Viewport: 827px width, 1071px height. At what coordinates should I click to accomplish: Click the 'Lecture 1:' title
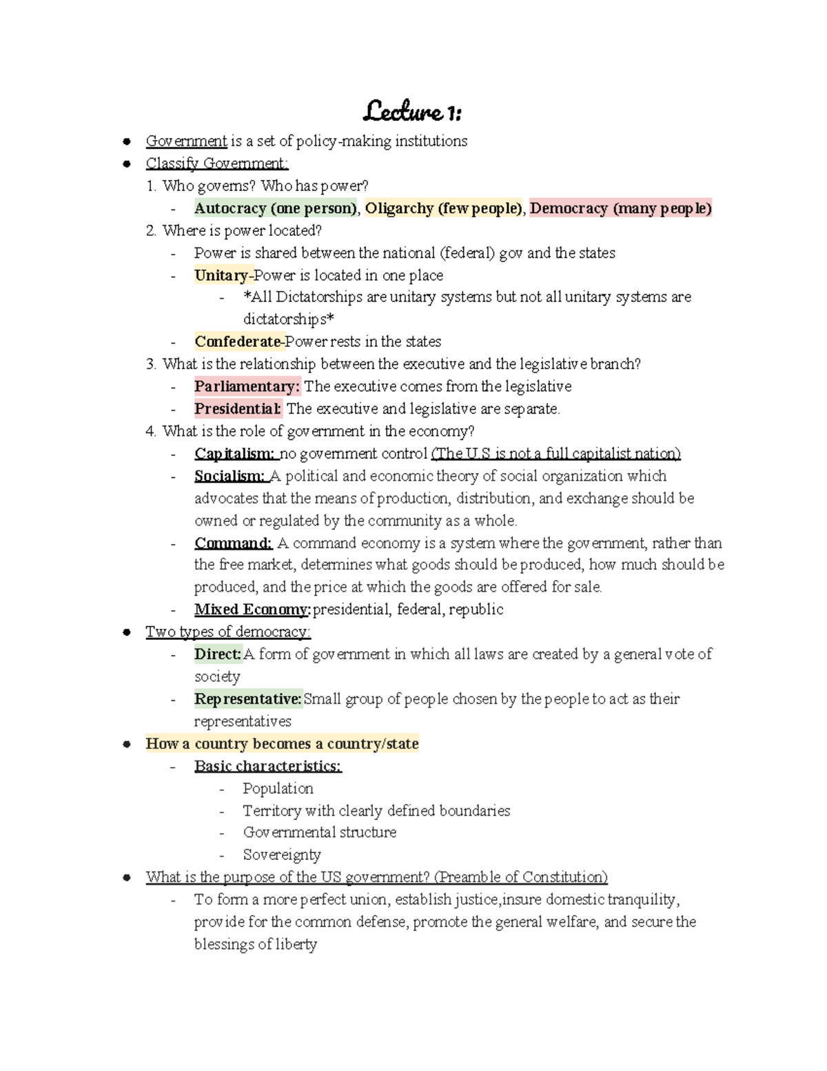coord(413,111)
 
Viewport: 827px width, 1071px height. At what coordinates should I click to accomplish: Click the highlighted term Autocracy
coord(230,208)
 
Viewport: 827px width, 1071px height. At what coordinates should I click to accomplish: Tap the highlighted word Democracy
coord(569,208)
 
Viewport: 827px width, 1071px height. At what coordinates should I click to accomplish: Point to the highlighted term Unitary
coord(221,275)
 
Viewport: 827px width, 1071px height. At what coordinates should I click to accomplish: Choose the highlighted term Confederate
coord(238,341)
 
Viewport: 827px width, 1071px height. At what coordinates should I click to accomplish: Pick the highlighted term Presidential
coord(238,409)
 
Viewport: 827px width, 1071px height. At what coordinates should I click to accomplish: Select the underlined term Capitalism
coord(234,454)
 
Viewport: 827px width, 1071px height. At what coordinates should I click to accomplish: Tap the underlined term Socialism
coord(229,476)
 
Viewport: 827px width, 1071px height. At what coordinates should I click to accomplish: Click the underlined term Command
coord(233,543)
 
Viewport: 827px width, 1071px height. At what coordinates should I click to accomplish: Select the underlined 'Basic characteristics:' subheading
coord(268,766)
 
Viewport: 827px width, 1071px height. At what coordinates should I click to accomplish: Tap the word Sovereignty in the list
coord(282,855)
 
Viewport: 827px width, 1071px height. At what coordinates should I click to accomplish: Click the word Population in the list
coord(278,788)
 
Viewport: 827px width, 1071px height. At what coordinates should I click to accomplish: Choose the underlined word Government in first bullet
coord(186,141)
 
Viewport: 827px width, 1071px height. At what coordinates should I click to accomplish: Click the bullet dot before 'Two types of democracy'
coord(127,632)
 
